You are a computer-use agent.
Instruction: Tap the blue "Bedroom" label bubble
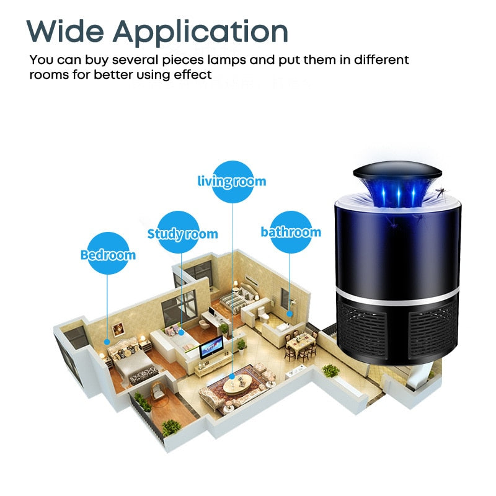pos(108,254)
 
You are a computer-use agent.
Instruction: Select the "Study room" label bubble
pos(182,233)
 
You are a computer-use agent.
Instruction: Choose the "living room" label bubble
pos(232,181)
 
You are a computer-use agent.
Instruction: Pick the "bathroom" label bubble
pos(291,232)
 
